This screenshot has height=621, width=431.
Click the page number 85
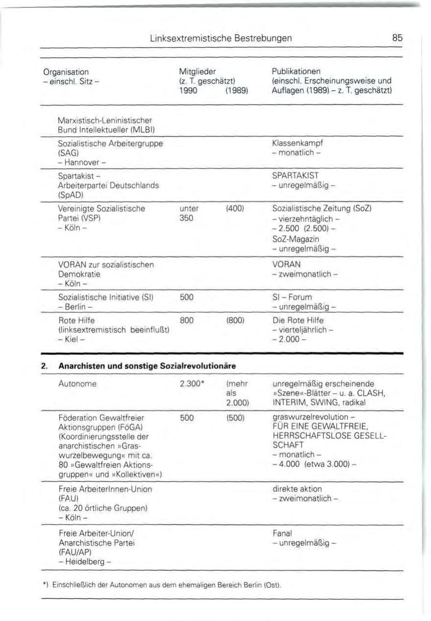(397, 37)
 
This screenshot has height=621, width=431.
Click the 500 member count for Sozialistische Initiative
(187, 297)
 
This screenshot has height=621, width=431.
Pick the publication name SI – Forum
(292, 297)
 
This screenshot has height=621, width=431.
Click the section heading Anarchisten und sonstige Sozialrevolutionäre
(147, 366)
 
